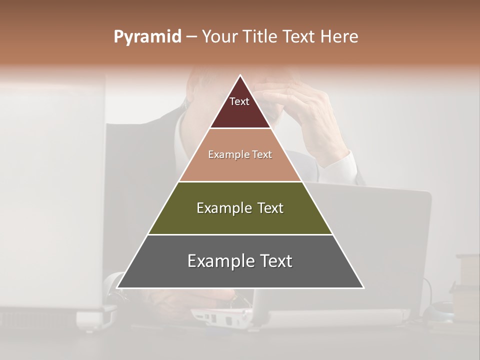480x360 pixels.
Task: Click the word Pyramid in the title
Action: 147,37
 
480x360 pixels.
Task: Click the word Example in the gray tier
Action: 218,261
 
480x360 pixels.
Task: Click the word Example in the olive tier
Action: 222,208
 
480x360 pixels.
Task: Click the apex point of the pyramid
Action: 240,76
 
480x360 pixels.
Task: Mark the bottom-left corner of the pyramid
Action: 117,287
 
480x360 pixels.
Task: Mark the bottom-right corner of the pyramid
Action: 363,287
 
